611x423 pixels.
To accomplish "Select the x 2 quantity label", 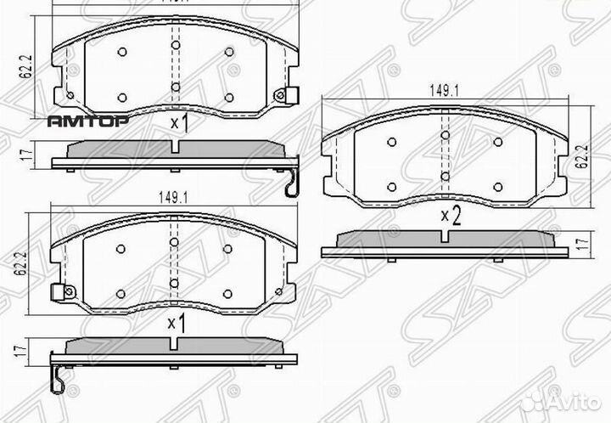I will (x=450, y=217).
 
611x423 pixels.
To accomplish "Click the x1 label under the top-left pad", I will (x=178, y=124).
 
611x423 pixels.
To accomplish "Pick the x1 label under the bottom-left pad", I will (x=176, y=323).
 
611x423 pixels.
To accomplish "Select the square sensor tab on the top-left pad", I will (x=291, y=93).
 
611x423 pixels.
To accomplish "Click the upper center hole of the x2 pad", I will (x=445, y=136).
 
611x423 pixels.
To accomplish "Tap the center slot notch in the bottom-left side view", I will (x=173, y=343).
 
